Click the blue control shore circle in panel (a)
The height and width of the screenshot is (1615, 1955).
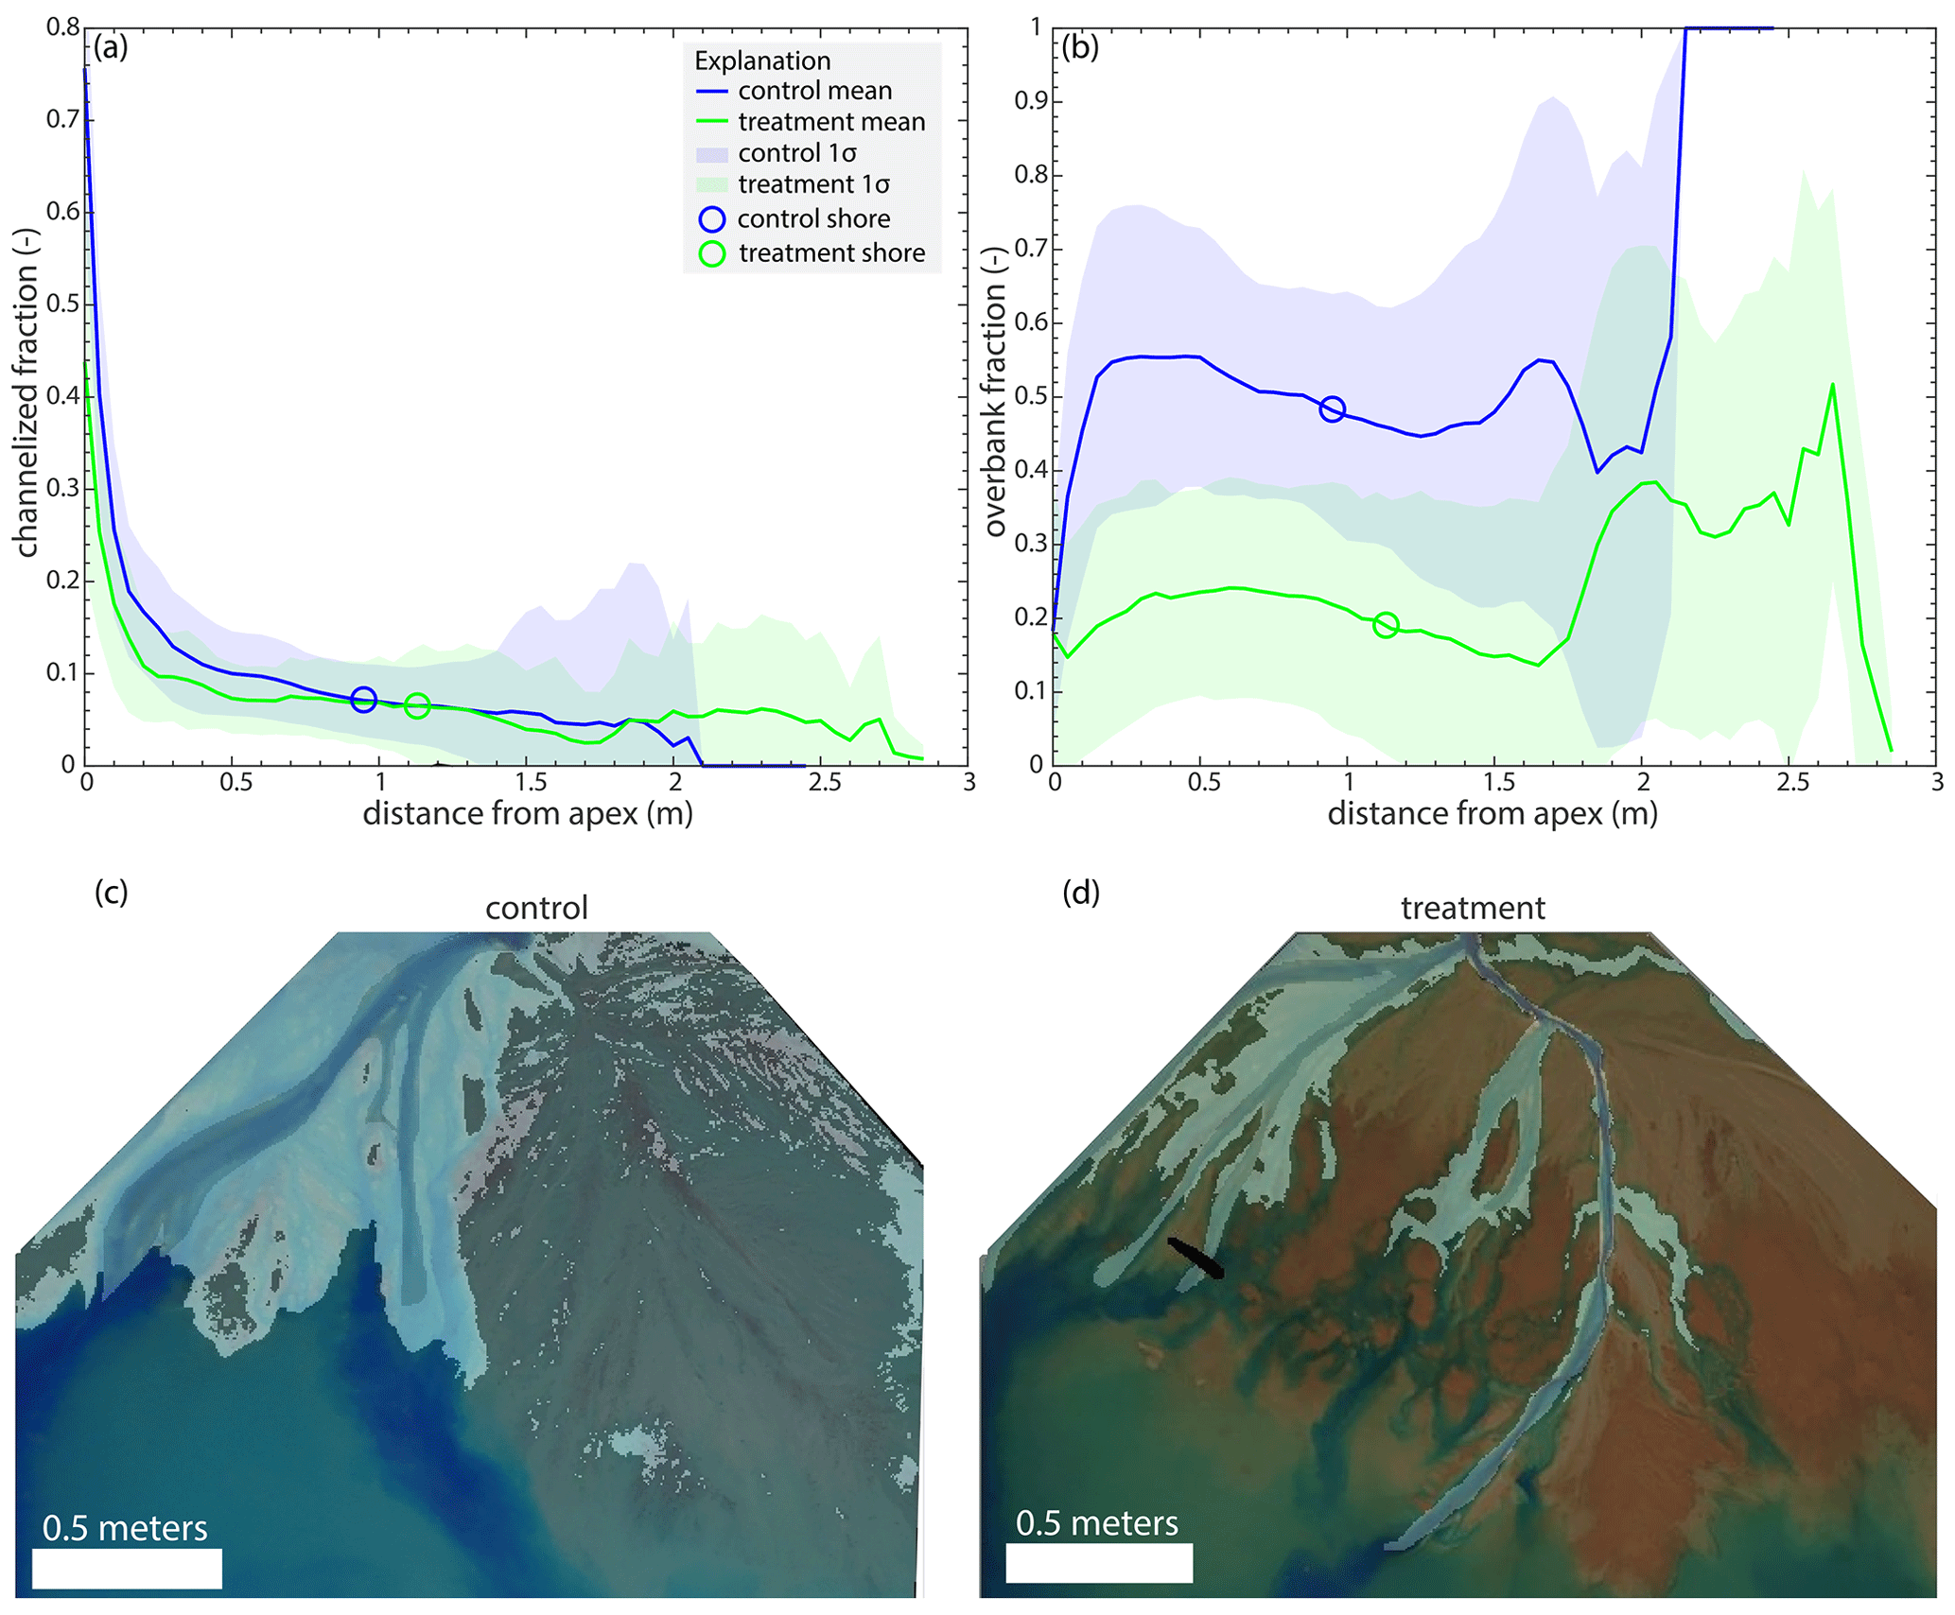[x=363, y=700]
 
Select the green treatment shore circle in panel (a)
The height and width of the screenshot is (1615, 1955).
[x=417, y=705]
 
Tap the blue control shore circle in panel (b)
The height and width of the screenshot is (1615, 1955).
[x=1332, y=409]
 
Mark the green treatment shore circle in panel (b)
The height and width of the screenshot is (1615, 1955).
[x=1386, y=625]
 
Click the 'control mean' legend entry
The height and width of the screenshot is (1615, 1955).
[x=814, y=91]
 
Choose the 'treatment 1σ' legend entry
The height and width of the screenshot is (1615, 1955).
[x=813, y=184]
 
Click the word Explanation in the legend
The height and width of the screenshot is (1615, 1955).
[x=762, y=61]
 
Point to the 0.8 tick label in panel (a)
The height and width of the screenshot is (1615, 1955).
[x=62, y=26]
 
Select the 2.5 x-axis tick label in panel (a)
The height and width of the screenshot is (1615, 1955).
[x=825, y=783]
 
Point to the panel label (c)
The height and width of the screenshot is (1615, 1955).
[x=111, y=893]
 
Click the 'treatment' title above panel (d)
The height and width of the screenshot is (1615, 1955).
[x=1473, y=909]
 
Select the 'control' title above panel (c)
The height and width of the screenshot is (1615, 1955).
[x=536, y=909]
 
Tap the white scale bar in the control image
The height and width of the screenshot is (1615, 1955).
[x=127, y=1569]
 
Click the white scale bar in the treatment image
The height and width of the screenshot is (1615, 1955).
[x=1099, y=1563]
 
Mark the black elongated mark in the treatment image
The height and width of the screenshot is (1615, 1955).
[x=1196, y=1259]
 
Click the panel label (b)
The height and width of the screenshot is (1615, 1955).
[x=1079, y=47]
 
